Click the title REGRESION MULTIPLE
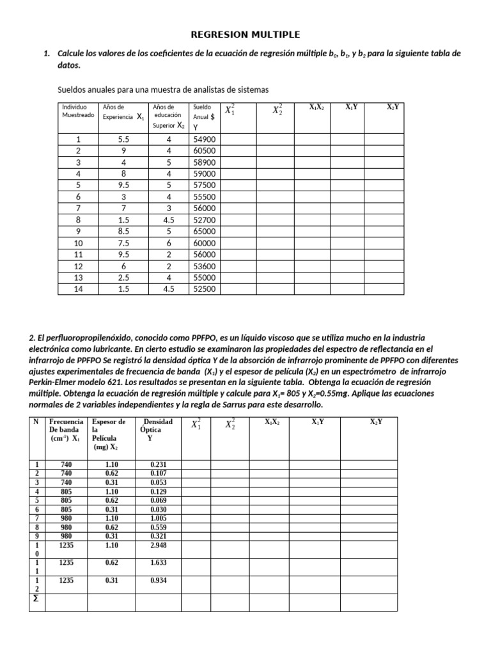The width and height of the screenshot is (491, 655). point(246,34)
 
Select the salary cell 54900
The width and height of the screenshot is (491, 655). point(205,139)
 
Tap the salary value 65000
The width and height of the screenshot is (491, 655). point(205,231)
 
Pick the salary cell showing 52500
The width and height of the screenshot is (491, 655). point(205,288)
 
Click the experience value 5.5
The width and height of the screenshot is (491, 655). point(123,139)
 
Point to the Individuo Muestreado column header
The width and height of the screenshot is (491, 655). point(77,111)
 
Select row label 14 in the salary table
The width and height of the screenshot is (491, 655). point(78,288)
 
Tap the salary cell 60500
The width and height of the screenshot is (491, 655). point(205,150)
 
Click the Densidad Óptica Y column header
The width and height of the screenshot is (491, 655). point(157,430)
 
